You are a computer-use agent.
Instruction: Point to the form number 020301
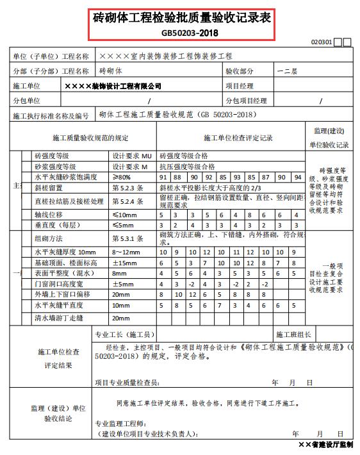(x=321, y=42)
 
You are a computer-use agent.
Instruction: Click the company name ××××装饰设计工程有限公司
(x=113, y=86)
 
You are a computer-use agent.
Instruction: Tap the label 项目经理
(x=240, y=86)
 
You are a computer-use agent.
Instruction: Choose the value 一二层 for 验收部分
(x=287, y=71)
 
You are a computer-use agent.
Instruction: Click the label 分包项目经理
(x=246, y=101)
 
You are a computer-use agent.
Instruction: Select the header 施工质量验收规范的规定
(x=86, y=138)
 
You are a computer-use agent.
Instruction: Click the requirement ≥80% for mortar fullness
(x=122, y=177)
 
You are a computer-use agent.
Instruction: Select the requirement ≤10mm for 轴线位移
(x=125, y=215)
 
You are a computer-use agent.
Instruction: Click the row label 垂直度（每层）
(x=56, y=226)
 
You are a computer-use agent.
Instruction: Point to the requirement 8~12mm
(x=125, y=252)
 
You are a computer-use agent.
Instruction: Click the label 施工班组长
(x=294, y=335)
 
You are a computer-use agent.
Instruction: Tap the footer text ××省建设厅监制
(x=325, y=444)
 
